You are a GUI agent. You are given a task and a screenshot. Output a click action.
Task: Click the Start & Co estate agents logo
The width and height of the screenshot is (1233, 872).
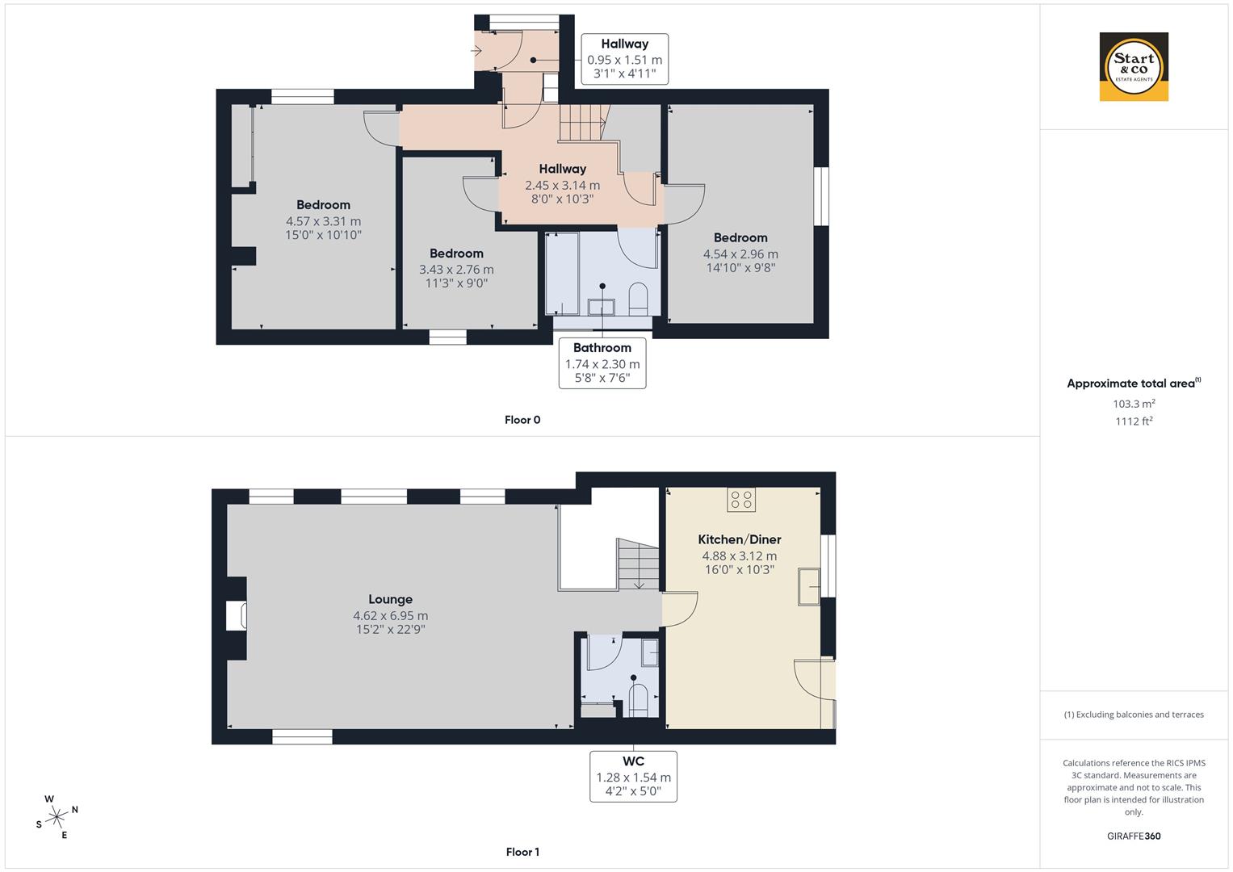coord(1134,67)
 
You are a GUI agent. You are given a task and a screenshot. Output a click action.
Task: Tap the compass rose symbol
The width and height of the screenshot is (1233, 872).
coord(56,817)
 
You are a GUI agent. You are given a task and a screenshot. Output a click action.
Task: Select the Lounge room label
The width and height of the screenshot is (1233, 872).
coord(390,599)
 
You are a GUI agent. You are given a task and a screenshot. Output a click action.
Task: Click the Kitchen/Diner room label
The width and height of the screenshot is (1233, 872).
coord(739,539)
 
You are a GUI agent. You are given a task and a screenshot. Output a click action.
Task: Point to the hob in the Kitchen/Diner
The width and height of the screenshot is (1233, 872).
coord(741,500)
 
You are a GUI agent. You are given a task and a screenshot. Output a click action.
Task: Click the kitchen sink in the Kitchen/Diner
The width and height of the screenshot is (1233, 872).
coord(808,586)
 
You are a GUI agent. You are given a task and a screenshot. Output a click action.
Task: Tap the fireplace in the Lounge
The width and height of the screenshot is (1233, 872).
coord(237,616)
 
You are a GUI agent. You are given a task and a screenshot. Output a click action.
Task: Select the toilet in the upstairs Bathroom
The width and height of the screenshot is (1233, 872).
coord(638,297)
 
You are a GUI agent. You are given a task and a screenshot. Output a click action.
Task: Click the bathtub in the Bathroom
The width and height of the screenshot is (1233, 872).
coord(562,274)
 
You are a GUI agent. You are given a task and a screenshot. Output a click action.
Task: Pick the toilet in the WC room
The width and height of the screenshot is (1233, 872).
coord(639,700)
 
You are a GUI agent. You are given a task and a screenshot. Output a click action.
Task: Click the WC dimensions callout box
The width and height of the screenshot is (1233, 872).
coord(633,777)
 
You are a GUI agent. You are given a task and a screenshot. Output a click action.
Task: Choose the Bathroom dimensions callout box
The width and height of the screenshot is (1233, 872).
coord(602,363)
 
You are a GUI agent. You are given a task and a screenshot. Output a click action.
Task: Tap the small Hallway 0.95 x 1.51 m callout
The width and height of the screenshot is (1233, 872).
coord(624,59)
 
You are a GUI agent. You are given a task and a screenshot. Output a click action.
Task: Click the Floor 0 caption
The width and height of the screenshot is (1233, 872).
coord(522,420)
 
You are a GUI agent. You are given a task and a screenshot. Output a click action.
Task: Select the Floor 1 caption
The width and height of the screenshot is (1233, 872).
coord(522,852)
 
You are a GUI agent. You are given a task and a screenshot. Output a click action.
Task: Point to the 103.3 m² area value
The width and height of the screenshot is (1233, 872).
coord(1134,404)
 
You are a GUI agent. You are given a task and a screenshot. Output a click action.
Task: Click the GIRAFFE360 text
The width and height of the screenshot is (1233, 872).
coord(1134,836)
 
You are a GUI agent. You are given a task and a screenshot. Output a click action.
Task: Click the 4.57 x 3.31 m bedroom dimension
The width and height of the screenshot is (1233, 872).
coord(323,220)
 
